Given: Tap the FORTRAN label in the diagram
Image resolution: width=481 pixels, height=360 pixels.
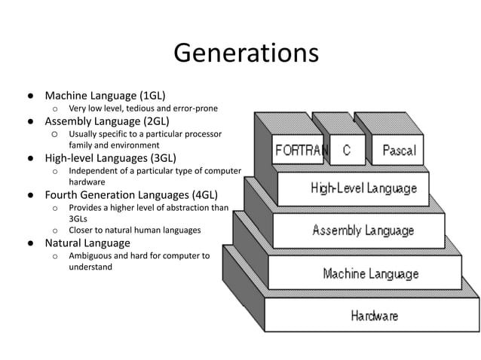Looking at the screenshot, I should (301, 149).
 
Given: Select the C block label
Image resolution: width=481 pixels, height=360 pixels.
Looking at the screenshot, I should (346, 149).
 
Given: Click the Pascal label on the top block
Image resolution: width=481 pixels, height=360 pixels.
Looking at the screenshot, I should (399, 149).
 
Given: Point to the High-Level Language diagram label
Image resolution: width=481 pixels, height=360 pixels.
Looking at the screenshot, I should (363, 188).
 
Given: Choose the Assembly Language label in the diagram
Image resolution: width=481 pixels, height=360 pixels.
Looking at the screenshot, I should (363, 230).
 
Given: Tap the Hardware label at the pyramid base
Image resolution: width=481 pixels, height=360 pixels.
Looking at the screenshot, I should (374, 316).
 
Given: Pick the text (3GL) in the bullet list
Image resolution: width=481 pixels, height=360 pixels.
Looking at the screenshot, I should (163, 157).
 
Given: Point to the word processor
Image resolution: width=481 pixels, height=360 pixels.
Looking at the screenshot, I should (202, 133).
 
